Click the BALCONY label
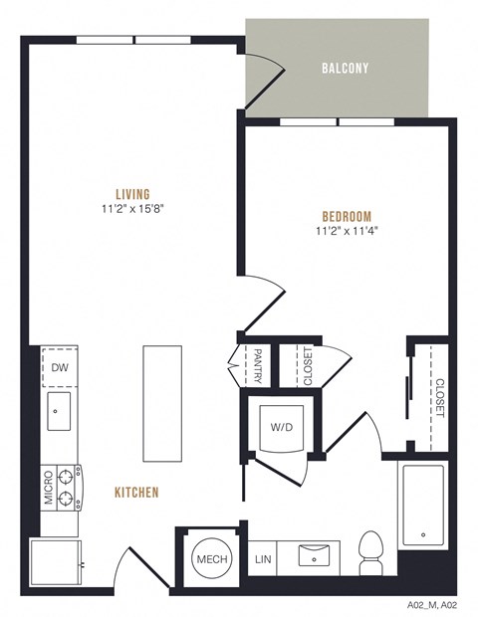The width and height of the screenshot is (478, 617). (345, 69)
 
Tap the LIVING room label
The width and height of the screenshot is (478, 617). (132, 193)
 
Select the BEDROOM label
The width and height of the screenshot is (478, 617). (347, 217)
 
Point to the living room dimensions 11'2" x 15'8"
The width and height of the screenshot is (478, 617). (132, 209)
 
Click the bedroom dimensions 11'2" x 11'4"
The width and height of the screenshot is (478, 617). (346, 232)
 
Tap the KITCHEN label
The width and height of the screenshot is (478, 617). (136, 492)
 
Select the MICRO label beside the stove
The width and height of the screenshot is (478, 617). (47, 489)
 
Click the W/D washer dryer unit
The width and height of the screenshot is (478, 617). (282, 427)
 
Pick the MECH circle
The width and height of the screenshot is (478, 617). (210, 559)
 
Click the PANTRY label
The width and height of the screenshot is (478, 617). (257, 365)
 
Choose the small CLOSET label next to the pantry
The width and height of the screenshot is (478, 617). (308, 365)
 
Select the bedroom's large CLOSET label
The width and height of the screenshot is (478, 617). (439, 397)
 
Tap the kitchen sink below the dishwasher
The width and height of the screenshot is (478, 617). (58, 411)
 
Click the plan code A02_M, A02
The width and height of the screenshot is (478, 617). (431, 604)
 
